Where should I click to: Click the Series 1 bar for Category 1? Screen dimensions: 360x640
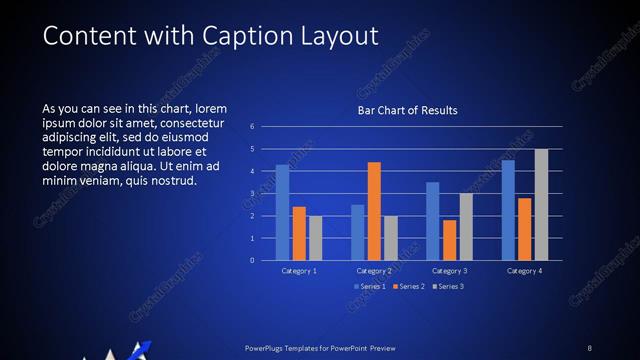pos(283,213)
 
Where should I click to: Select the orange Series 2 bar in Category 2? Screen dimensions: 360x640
pos(374,211)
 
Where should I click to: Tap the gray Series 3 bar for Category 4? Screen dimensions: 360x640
pos(541,205)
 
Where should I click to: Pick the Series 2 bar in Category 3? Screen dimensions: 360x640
pos(449,240)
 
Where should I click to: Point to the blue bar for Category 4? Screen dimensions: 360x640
pos(508,210)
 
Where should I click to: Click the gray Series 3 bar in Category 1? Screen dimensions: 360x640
pos(316,238)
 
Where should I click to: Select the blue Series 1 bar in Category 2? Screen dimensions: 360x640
pos(358,232)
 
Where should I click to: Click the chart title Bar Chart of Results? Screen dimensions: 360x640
pos(407,110)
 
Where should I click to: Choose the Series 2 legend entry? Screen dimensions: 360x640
pos(407,286)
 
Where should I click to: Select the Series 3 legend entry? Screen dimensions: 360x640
pos(447,286)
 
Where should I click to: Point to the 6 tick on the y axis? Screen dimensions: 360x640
pos(252,127)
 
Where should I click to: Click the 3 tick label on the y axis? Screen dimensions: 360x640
pos(252,194)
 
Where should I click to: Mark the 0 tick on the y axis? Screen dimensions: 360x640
pos(252,261)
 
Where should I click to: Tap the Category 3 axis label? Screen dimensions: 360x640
pos(449,271)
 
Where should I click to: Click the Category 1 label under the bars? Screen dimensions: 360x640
pos(299,271)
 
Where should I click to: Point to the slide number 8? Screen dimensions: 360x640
pos(590,347)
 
